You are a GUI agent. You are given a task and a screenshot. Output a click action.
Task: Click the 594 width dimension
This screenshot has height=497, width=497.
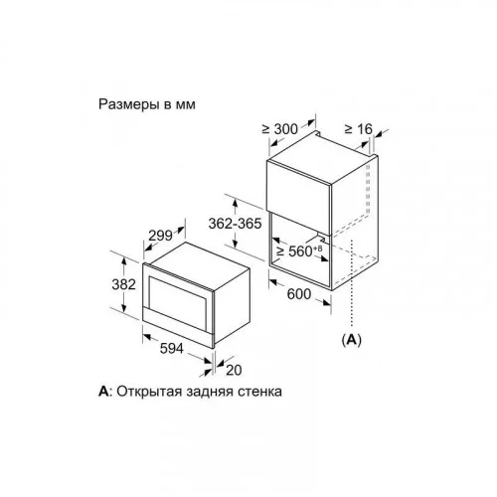(171, 348)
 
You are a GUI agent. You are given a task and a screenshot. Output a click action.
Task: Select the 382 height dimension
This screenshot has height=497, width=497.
(123, 284)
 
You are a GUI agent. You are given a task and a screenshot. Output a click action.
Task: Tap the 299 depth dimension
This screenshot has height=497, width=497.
(160, 236)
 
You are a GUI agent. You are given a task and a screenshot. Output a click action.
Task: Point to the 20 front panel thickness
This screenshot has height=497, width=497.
(234, 370)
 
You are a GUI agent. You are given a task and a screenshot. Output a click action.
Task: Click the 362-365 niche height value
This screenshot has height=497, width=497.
(235, 224)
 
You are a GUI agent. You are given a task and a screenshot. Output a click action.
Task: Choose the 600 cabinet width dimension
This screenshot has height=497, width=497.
(299, 294)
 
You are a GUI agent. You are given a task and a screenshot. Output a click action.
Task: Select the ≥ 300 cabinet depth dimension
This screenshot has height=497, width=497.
(280, 129)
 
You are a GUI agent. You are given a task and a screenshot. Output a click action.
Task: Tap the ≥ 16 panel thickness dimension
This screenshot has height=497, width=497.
(359, 129)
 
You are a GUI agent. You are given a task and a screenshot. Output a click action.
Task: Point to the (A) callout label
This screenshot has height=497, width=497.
(351, 340)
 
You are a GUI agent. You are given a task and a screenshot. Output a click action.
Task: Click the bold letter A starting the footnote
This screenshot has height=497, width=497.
(103, 392)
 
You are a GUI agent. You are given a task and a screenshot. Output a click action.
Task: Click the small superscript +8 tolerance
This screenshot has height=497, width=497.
(318, 248)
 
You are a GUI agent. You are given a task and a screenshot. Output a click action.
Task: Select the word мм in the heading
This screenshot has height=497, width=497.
(186, 105)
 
